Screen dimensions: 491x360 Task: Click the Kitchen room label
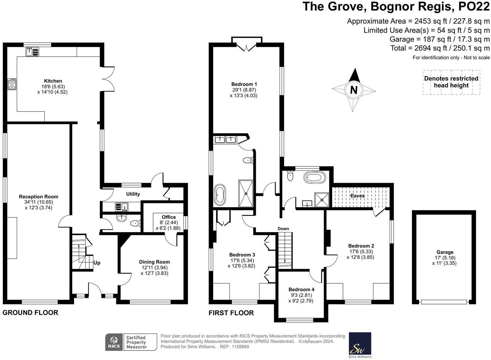coord(53,81)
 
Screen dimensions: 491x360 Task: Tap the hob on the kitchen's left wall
coord(12,84)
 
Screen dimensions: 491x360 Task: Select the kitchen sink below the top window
coord(32,52)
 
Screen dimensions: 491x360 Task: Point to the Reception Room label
coord(39,197)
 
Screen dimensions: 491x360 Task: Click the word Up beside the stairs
coord(97,263)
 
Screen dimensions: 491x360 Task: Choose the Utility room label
coord(133,194)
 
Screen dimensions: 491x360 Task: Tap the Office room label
coord(169,217)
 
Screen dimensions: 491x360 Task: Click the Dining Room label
coord(154,262)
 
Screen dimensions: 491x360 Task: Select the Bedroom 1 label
coord(244,84)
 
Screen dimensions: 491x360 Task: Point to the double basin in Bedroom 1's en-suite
coord(226,139)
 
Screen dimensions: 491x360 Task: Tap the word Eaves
coord(357,196)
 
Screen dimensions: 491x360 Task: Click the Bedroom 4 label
coord(301,289)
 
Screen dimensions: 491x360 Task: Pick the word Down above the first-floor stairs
coord(283,229)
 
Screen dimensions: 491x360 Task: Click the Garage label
coord(445,252)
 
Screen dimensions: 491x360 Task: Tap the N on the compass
coord(354,90)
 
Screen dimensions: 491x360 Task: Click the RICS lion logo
coord(114,342)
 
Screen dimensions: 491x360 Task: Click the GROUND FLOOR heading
coord(30,313)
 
